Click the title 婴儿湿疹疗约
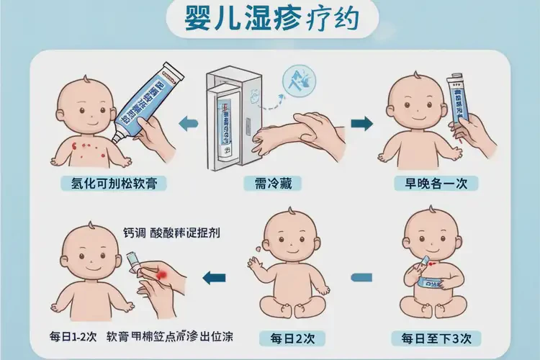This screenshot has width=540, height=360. [270, 21]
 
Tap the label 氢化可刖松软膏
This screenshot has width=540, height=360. [114, 183]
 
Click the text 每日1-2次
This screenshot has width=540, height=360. [73, 337]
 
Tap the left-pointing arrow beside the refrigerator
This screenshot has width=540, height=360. [188, 123]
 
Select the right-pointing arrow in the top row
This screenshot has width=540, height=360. [361, 123]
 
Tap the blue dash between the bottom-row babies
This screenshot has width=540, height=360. [362, 275]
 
